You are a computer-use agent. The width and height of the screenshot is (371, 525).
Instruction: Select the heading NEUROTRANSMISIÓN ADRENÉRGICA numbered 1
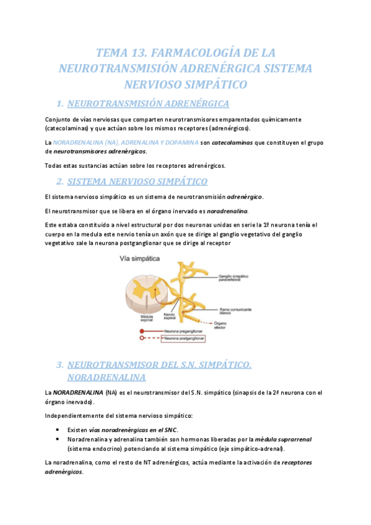148,103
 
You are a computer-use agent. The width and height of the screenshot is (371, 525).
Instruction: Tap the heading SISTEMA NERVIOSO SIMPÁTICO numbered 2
137,181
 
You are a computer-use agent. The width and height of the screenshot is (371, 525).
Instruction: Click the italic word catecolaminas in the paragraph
232,142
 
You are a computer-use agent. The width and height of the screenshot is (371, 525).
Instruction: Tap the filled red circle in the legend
142,331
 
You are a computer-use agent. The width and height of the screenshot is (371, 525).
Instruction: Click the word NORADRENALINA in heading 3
106,376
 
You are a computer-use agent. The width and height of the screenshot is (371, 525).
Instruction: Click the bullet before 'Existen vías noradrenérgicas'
57,430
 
